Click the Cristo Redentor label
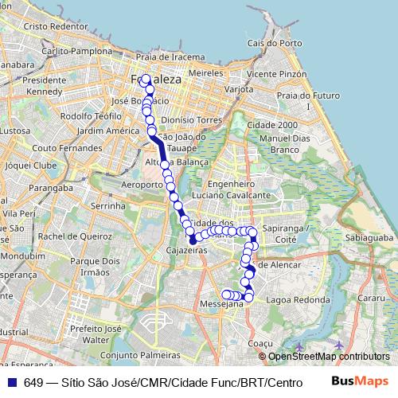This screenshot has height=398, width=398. [x=56, y=25]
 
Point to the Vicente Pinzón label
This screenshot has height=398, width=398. [x=277, y=73]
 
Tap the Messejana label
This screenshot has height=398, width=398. [x=222, y=303]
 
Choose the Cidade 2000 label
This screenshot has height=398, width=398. [x=272, y=126]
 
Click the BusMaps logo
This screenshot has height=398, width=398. [x=361, y=381]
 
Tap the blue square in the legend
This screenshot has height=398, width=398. [x=11, y=382]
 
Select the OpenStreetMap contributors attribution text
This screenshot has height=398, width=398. [x=329, y=357]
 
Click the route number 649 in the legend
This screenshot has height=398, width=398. [x=33, y=382]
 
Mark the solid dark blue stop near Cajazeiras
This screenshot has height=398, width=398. [x=192, y=240]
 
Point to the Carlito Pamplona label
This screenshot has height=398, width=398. [x=77, y=50]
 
